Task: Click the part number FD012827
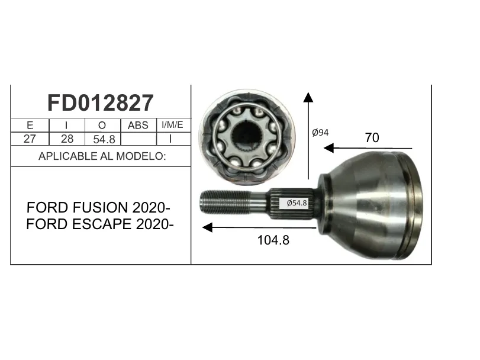point(101,103)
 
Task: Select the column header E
point(30,125)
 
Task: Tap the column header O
point(102,125)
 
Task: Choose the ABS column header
point(138,125)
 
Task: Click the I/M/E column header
point(172,124)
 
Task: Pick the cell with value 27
point(30,139)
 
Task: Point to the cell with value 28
point(67,139)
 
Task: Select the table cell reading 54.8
point(104,140)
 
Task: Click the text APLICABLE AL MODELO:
point(102,156)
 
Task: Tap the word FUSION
point(100,208)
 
